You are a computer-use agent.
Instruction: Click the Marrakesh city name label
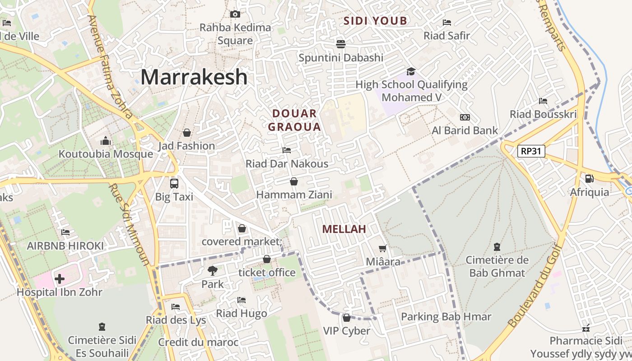click(x=194, y=77)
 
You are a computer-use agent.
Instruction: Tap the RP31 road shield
click(x=531, y=151)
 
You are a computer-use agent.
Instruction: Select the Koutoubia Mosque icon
click(x=106, y=141)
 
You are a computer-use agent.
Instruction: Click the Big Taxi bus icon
click(x=174, y=184)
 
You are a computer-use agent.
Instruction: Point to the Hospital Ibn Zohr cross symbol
click(x=59, y=279)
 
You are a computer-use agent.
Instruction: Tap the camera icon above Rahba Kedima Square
click(x=235, y=14)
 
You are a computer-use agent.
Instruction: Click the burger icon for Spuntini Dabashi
click(x=341, y=44)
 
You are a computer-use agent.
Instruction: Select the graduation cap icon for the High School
click(x=411, y=71)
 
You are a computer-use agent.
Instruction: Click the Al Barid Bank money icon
click(x=465, y=117)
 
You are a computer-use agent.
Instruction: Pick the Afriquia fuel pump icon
click(x=589, y=179)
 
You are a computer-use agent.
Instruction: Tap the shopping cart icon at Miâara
click(x=383, y=248)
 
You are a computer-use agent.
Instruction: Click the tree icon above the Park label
click(x=212, y=271)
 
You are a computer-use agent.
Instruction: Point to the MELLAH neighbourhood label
click(x=344, y=229)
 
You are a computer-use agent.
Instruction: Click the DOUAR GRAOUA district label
click(x=294, y=120)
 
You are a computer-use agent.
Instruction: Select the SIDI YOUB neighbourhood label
click(x=375, y=21)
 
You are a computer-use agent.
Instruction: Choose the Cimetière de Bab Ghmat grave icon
click(x=497, y=247)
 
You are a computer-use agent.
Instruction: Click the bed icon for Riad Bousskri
click(x=543, y=101)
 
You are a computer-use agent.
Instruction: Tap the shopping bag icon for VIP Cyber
click(x=347, y=318)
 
